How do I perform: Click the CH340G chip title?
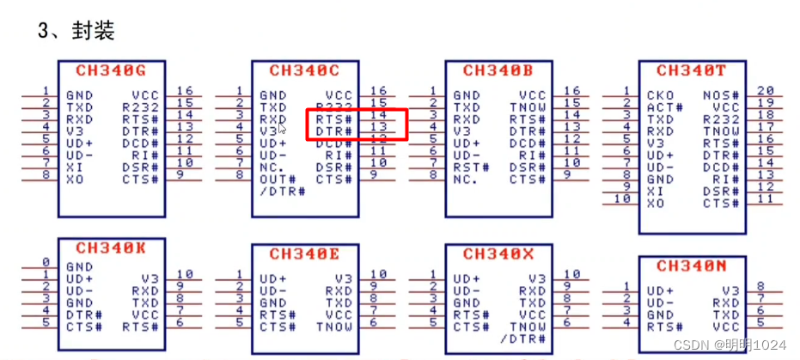coord(111,71)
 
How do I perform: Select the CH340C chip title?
coord(304,71)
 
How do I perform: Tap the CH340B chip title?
coord(498,71)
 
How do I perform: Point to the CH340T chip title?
coord(691,71)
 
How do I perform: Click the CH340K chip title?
coord(111,248)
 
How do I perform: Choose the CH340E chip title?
coord(304,253)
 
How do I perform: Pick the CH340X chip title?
coord(498,253)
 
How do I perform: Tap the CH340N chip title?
coord(691,265)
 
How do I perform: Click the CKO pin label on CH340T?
coord(661,95)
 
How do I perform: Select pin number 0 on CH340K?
coord(46,262)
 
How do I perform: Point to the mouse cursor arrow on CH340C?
coord(282,129)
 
